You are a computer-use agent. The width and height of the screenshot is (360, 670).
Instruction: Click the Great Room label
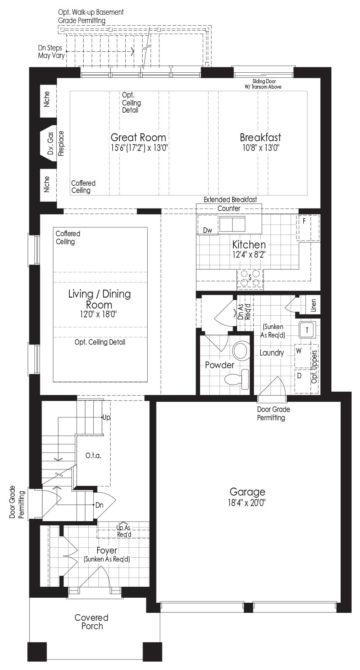[138, 137]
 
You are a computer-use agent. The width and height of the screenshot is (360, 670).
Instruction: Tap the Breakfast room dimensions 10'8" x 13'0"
[261, 148]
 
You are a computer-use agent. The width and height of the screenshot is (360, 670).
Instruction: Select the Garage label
[247, 492]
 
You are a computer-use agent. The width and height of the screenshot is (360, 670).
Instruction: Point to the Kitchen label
[249, 245]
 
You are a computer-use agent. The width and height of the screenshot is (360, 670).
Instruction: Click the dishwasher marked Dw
[208, 225]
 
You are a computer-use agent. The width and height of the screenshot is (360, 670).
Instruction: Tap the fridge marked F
[308, 228]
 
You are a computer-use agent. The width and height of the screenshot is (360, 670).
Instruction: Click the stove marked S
[250, 279]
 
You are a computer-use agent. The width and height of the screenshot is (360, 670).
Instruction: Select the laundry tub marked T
[307, 330]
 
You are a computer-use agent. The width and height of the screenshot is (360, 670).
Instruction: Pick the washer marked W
[302, 356]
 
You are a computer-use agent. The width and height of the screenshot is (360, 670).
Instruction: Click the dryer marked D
[303, 381]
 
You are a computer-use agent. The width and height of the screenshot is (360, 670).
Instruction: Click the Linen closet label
[313, 306]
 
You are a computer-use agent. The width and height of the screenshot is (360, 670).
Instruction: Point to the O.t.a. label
[93, 456]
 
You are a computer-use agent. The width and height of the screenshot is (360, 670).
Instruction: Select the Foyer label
[106, 550]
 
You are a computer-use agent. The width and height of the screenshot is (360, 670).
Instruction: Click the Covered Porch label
[92, 622]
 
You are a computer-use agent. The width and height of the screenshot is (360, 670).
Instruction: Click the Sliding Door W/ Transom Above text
[263, 84]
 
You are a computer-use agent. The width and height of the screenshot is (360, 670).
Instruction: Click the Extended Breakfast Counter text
[230, 204]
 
